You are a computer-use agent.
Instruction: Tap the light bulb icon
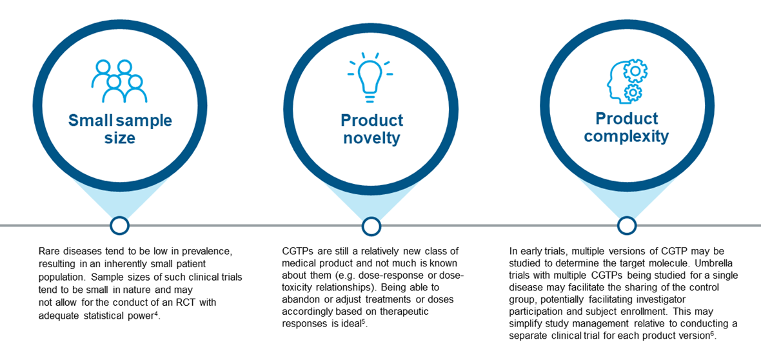[x=370, y=77]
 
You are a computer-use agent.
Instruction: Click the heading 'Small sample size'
[x=120, y=129]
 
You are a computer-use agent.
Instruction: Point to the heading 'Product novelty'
[x=371, y=129]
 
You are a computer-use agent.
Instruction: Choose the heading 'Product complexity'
[x=627, y=127]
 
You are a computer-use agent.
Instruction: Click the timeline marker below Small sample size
[x=120, y=225]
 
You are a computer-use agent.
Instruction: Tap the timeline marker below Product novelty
[x=371, y=225]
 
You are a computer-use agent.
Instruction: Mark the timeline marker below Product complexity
[x=627, y=225]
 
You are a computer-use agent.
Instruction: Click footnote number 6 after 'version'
[x=713, y=334]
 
